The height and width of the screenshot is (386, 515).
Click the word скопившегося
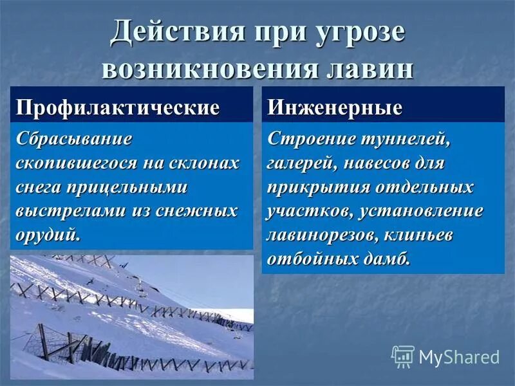pyautogui.click(x=77, y=163)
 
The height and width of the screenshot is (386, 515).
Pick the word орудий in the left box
pyautogui.click(x=48, y=235)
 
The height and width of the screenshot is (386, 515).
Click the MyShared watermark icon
pyautogui.click(x=403, y=356)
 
